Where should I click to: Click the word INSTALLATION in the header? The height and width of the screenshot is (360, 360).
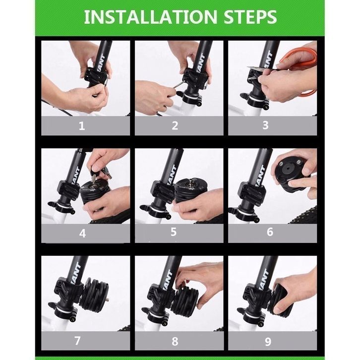point(150,17)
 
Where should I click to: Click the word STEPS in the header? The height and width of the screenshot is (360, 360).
point(250,17)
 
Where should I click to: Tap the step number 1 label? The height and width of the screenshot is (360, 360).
point(82,126)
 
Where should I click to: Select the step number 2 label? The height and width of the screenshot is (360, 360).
point(175,125)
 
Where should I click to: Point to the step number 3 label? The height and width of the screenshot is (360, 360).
point(265,125)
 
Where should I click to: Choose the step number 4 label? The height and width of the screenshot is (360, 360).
point(82,233)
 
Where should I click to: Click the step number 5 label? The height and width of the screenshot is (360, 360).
point(174,232)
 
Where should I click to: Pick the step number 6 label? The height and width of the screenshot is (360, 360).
point(270,232)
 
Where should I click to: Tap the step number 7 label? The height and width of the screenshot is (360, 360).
point(77,341)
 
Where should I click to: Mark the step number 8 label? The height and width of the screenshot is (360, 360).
point(175,341)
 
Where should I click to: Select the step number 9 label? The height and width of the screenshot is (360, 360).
point(268,342)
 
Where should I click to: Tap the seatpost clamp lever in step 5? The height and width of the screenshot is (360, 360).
point(147,209)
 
